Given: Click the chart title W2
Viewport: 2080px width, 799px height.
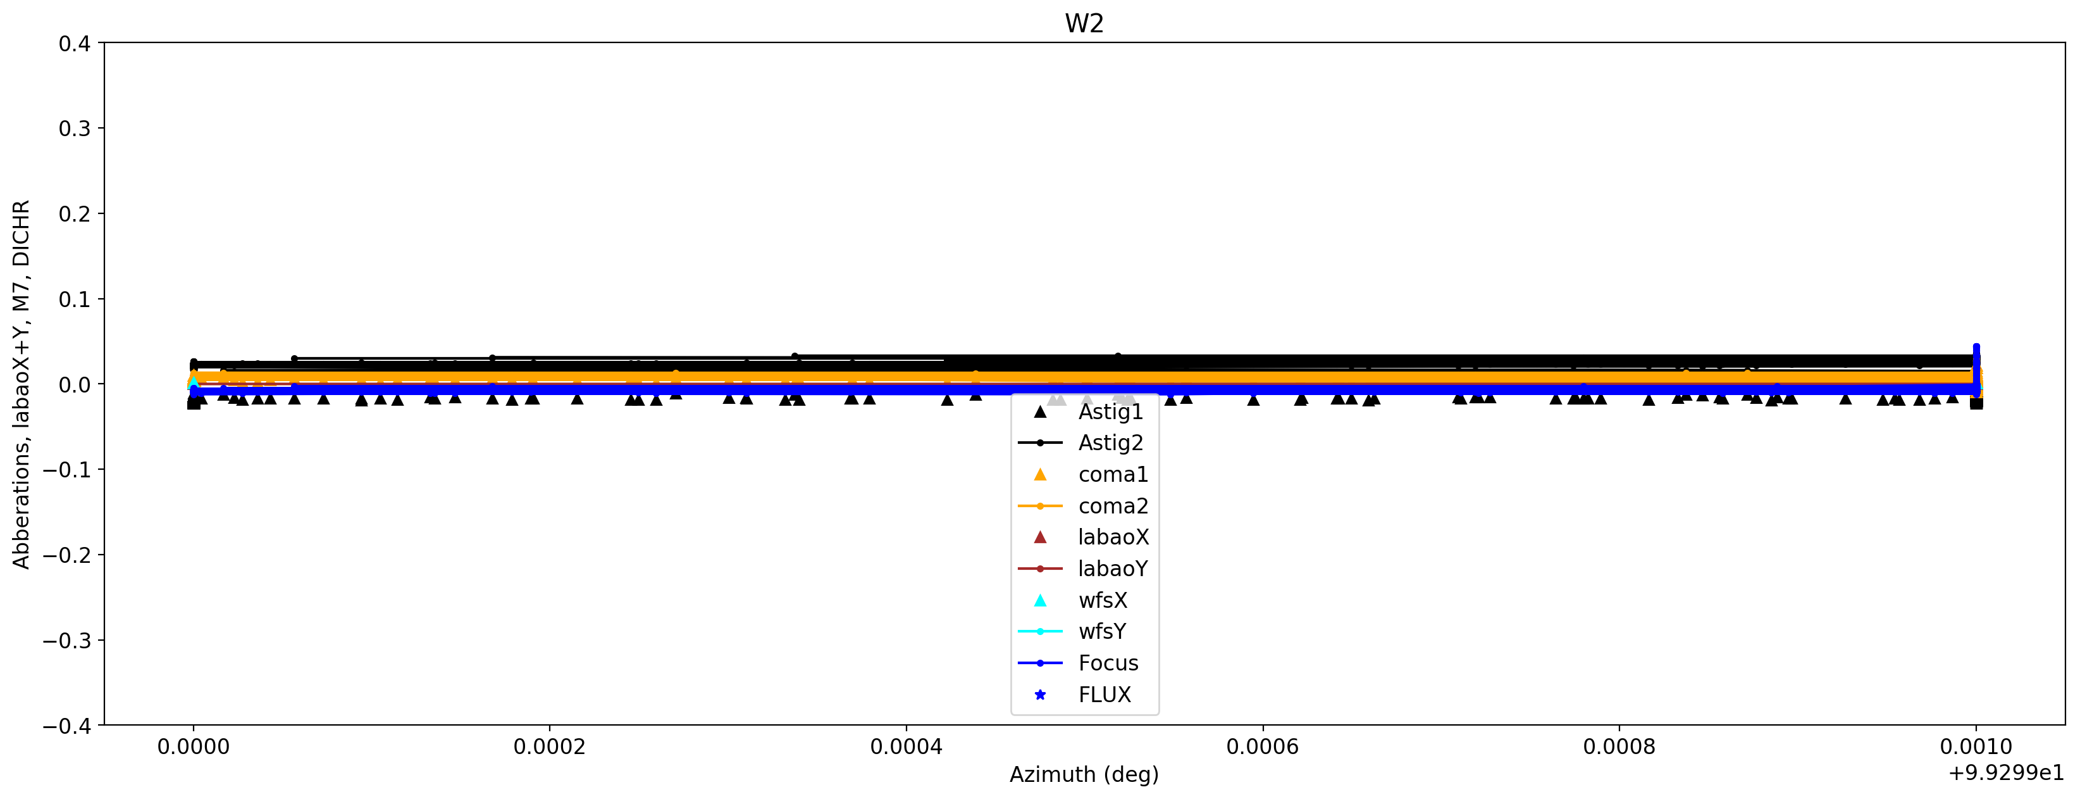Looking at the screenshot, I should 1084,23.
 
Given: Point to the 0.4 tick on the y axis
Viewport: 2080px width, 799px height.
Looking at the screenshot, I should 74,43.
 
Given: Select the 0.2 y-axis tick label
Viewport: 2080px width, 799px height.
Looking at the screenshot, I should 74,214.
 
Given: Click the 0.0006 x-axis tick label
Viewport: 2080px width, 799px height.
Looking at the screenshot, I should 1262,747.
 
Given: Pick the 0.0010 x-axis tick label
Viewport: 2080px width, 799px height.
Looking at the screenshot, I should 1976,747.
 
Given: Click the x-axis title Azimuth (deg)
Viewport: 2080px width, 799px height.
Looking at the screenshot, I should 1084,775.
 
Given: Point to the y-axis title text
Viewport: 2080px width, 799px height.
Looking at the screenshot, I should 21,384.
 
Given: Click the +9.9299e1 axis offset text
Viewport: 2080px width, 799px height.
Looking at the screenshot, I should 2006,774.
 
